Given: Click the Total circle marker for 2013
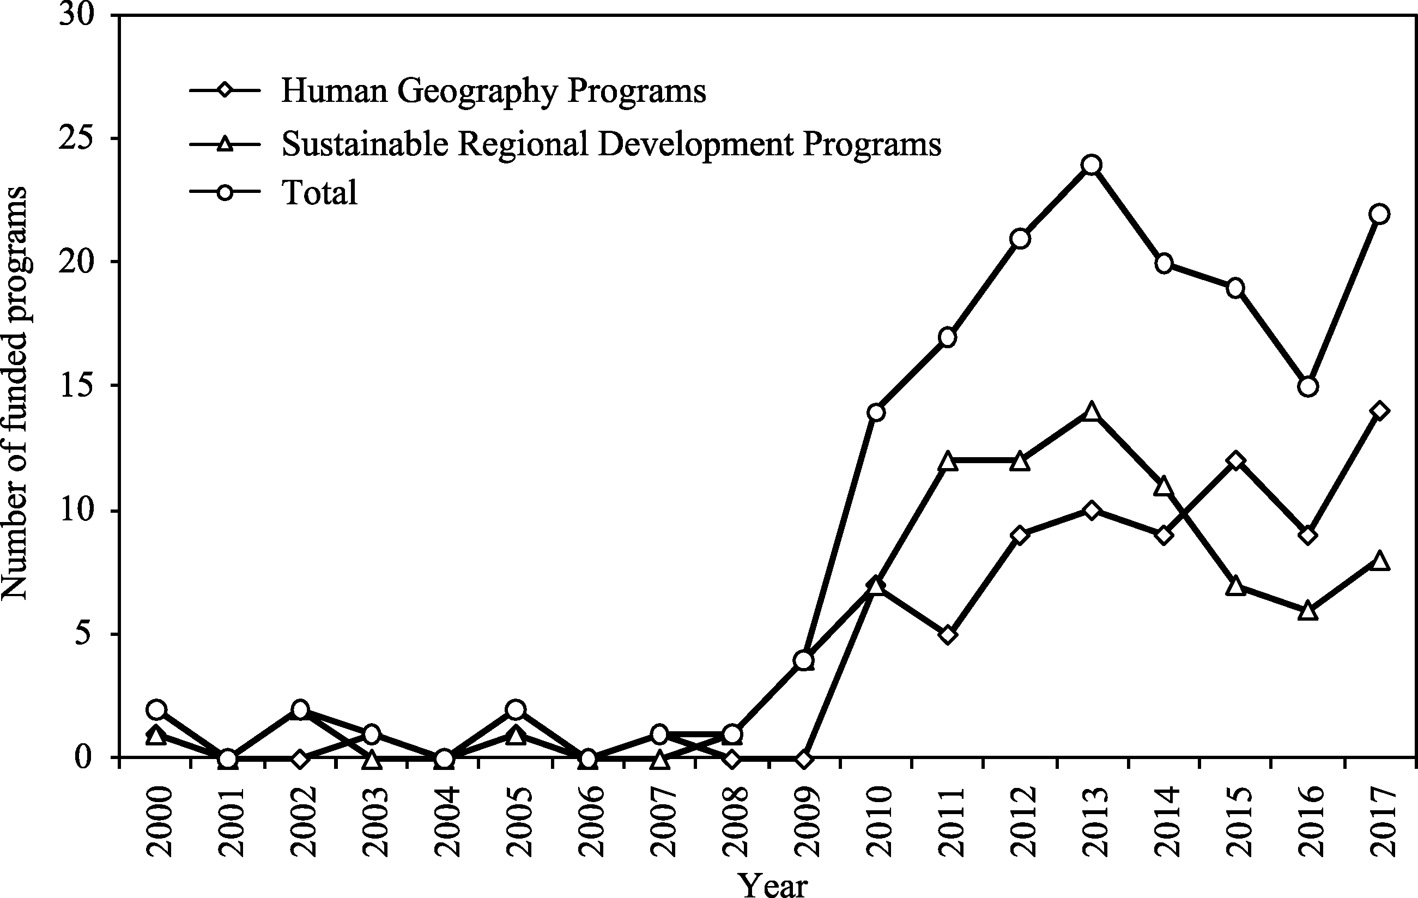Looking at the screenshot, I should pos(1091,165).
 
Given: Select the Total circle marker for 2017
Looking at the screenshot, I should pos(1379,214).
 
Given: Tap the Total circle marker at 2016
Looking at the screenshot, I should pos(1307,387).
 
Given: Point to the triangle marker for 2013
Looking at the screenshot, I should pos(1091,411).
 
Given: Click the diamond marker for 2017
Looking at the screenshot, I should pos(1379,411).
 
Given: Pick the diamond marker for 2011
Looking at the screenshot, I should pos(947,635).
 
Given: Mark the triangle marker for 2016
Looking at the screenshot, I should pos(1307,611).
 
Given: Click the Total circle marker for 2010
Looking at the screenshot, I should pos(876,412).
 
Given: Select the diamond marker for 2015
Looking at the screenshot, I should pos(1235,460).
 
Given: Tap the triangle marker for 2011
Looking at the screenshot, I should pos(947,461).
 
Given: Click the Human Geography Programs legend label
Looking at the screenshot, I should pos(494,92).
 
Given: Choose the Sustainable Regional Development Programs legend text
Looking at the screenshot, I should pos(611,143).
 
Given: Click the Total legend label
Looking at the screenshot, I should pos(320,192).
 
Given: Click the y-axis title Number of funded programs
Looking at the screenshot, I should pos(14,393).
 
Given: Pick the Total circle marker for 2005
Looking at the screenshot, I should pos(515,709).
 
